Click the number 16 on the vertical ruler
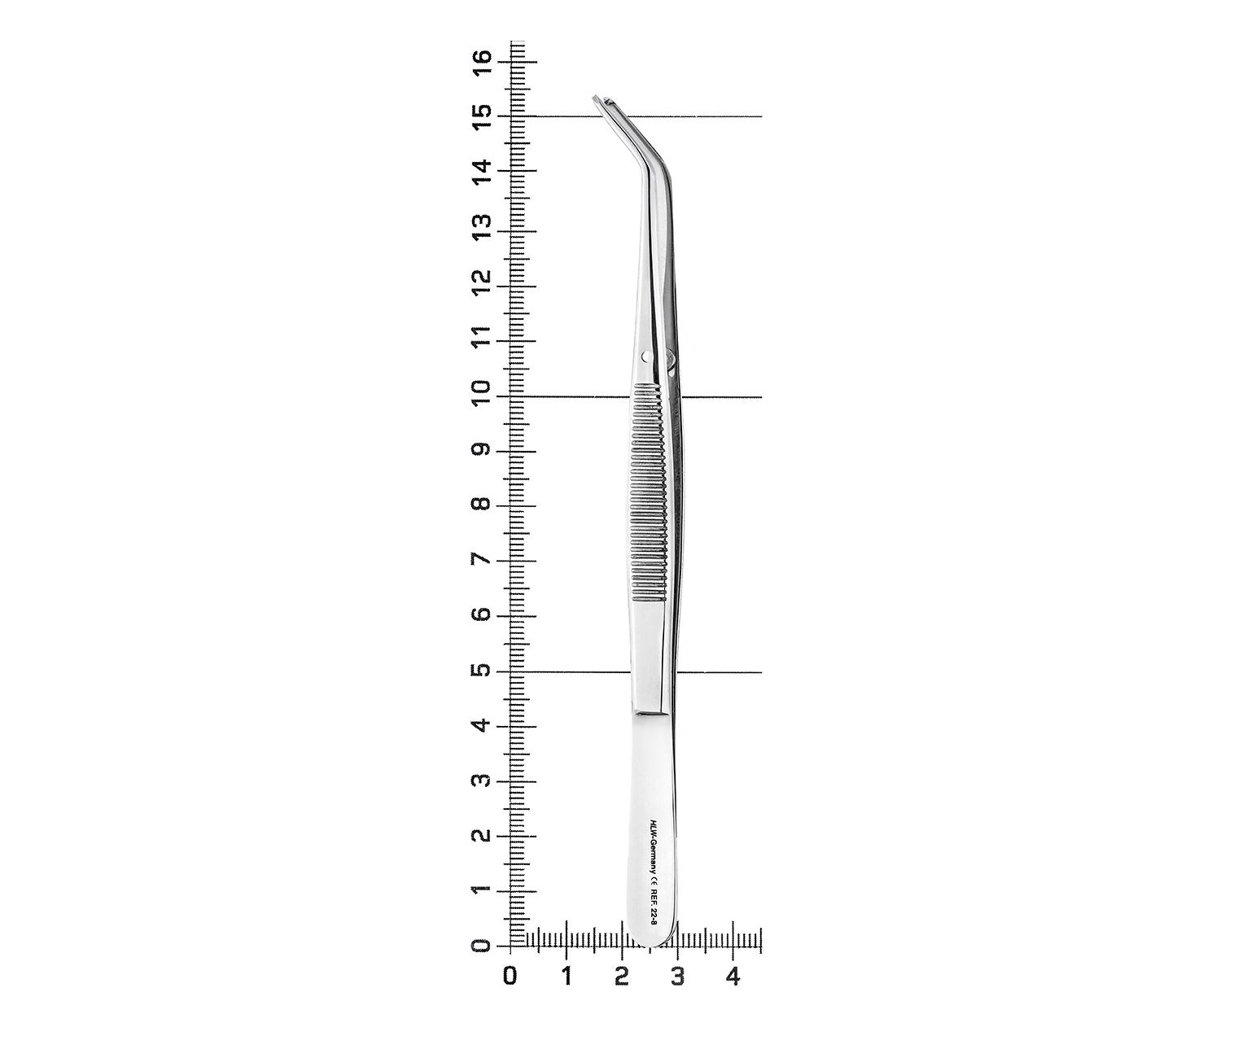482,62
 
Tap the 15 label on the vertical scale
482,116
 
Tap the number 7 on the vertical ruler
482,560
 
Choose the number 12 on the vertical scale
482,282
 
